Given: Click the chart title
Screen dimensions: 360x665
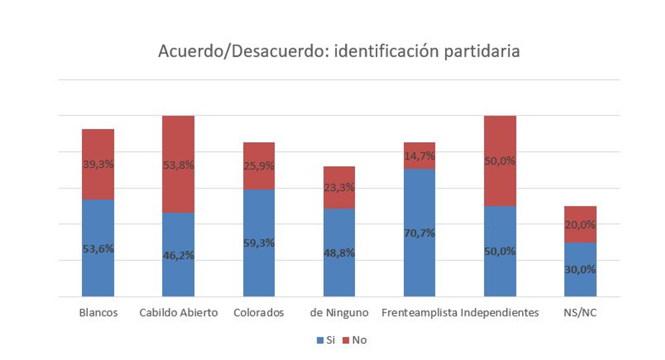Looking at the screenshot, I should click(x=339, y=51).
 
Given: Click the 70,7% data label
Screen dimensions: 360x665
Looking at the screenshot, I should click(x=419, y=233).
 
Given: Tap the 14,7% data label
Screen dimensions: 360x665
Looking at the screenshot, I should click(x=419, y=156).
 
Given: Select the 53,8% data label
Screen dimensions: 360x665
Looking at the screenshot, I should click(x=178, y=165).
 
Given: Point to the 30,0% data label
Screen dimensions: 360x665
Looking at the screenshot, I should click(x=580, y=269).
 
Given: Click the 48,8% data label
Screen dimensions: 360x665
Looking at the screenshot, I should click(x=339, y=253).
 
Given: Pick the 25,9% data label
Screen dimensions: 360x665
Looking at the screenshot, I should click(x=259, y=166).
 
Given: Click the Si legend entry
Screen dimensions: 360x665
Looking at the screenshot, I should click(x=326, y=340).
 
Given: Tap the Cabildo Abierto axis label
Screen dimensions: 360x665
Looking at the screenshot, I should click(x=178, y=313).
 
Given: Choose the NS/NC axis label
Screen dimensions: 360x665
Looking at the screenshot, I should click(x=580, y=313).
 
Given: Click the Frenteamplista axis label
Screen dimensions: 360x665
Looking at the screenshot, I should click(x=419, y=313).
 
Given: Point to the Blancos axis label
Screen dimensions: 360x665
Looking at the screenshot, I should click(x=98, y=313).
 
